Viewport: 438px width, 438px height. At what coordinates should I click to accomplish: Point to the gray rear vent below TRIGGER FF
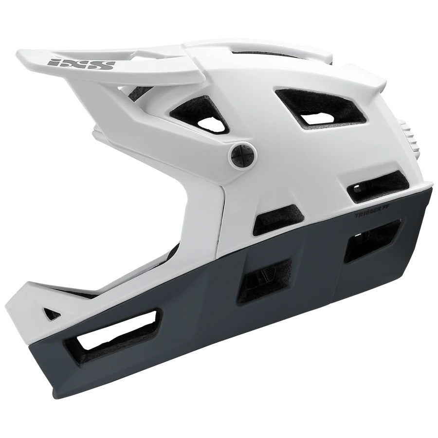point(372,241)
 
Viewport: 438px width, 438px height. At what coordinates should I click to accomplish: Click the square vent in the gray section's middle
point(265,278)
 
